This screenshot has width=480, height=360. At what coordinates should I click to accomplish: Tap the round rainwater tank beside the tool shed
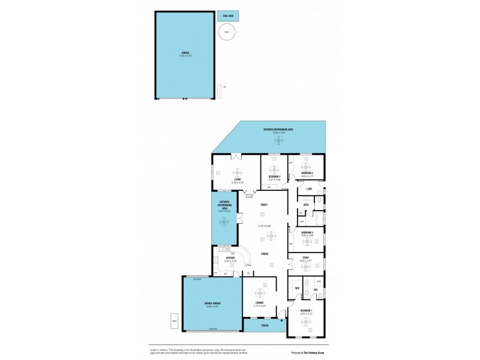pyautogui.click(x=226, y=33)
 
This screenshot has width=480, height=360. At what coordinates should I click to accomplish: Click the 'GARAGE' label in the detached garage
pyautogui.click(x=185, y=52)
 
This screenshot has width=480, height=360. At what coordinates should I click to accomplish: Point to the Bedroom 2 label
pyautogui.click(x=275, y=176)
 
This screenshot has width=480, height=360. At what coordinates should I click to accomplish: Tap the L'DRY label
pyautogui.click(x=309, y=190)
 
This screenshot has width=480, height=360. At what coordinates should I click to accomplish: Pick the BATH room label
pyautogui.click(x=305, y=205)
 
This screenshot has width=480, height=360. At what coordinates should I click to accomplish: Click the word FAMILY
pyautogui.click(x=263, y=205)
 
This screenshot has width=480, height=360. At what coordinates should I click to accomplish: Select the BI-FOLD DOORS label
pyautogui.click(x=250, y=196)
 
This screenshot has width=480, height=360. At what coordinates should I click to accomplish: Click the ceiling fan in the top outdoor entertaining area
pyautogui.click(x=278, y=140)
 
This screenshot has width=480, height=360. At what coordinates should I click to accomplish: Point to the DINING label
pyautogui.click(x=264, y=253)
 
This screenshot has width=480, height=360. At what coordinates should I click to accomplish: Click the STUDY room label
pyautogui.click(x=306, y=257)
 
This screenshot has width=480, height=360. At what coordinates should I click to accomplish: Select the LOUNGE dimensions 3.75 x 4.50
pyautogui.click(x=259, y=307)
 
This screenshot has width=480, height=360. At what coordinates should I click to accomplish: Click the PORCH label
pyautogui.click(x=265, y=325)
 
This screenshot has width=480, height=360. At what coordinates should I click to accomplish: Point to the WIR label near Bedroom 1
pyautogui.click(x=298, y=289)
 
